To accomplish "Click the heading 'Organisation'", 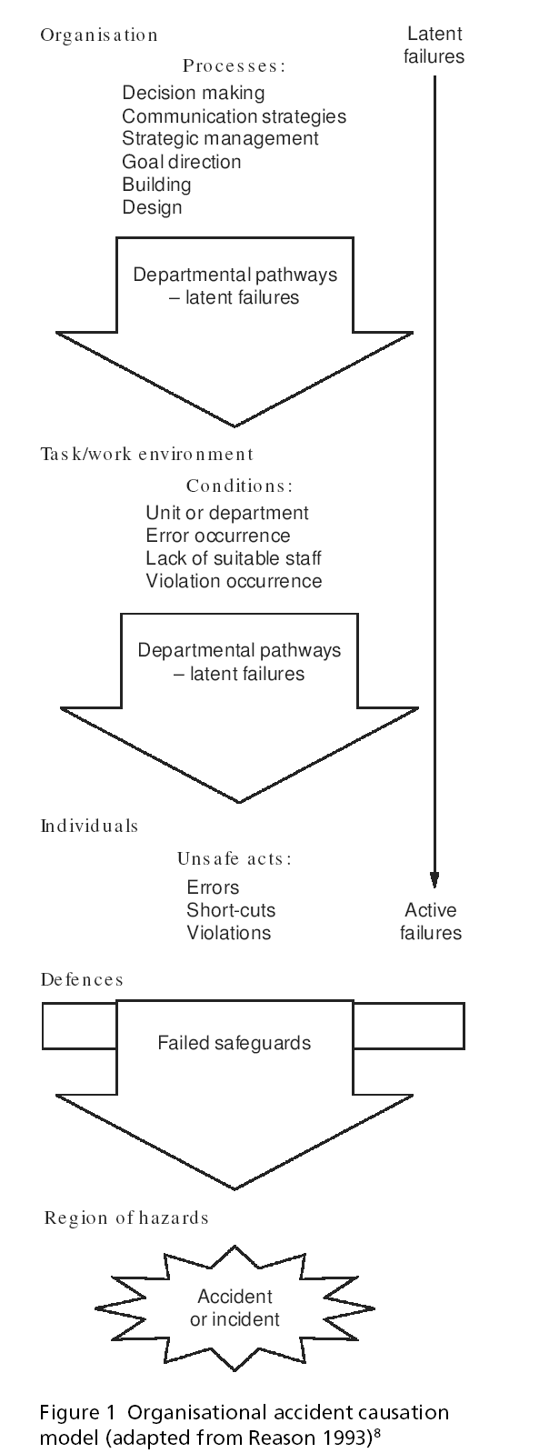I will (x=99, y=35).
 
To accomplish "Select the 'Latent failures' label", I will (x=434, y=45).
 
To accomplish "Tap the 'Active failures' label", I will (x=431, y=921).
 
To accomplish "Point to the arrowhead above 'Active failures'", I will (x=434, y=879).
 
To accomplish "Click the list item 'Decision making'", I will (x=194, y=93).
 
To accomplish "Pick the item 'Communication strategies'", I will (x=234, y=116).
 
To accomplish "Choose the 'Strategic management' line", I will (x=220, y=138).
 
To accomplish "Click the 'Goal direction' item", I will (x=182, y=162).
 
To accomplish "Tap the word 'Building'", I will (x=156, y=185).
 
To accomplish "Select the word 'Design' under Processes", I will (x=152, y=207).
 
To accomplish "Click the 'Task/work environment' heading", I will (x=147, y=454).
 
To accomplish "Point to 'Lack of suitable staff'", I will (x=234, y=558).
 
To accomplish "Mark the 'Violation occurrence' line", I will (x=234, y=581).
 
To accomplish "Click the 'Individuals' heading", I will (x=89, y=827).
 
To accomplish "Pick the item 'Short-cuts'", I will (x=231, y=910).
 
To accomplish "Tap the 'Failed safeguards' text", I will (x=235, y=1043).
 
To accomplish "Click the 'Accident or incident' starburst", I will (x=235, y=1308).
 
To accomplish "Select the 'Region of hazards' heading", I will (x=126, y=1218).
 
